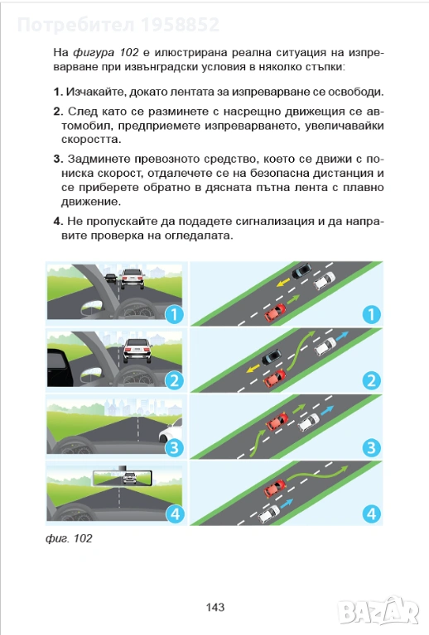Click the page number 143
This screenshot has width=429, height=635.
click(214, 607)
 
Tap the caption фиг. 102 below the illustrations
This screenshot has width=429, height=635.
click(69, 538)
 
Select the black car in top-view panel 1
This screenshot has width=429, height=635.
click(301, 270)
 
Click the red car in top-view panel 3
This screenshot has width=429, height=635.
click(277, 421)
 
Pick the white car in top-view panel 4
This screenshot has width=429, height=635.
click(269, 513)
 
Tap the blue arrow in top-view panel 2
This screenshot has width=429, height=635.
click(342, 336)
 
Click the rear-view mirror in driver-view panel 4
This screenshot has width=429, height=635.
click(122, 478)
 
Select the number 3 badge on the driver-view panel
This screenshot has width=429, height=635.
click(175, 447)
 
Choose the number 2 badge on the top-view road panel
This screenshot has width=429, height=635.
click(371, 380)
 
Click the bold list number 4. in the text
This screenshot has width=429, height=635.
click(58, 221)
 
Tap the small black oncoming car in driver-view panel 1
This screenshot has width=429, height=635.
click(110, 278)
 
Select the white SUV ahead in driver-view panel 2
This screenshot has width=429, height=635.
click(137, 350)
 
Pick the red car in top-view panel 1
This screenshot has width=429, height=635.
click(275, 313)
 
